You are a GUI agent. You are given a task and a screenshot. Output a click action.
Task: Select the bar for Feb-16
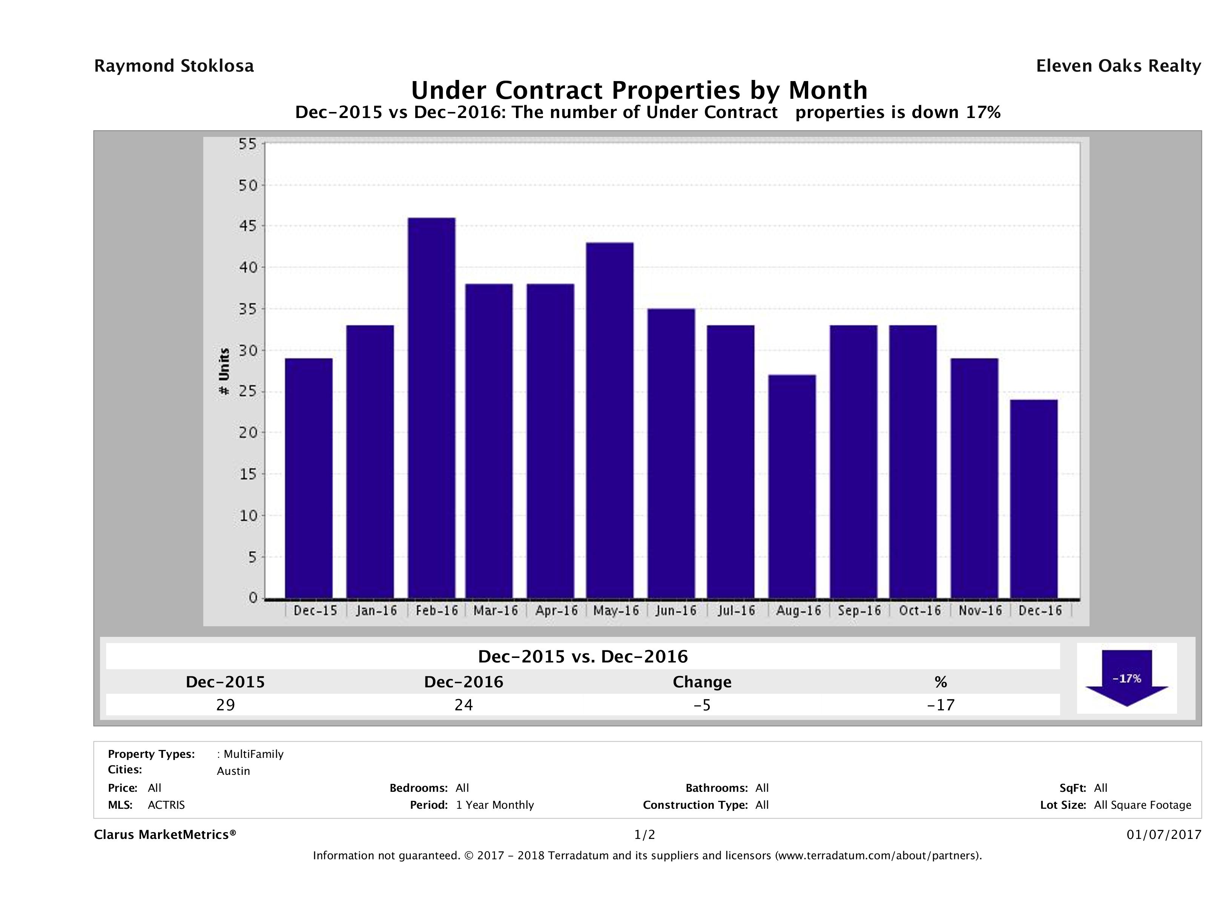click(x=431, y=408)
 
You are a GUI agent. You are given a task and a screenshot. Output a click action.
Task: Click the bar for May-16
click(x=609, y=420)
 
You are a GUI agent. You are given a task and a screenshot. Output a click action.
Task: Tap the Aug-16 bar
click(x=792, y=486)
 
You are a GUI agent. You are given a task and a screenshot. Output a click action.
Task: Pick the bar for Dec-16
click(x=1034, y=498)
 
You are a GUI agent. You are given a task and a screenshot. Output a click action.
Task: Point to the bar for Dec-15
click(x=308, y=478)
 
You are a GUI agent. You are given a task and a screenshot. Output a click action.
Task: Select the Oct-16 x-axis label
click(x=919, y=610)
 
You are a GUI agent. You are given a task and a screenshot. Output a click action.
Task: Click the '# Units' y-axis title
click(x=224, y=371)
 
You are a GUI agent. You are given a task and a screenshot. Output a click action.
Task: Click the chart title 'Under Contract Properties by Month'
click(x=639, y=90)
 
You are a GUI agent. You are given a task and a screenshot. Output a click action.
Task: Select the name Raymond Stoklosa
click(x=174, y=66)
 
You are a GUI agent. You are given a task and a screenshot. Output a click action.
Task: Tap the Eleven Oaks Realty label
click(x=1118, y=66)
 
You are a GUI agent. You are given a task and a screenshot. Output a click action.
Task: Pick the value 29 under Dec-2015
click(x=226, y=705)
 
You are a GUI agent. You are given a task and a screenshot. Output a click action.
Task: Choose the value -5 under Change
click(x=702, y=705)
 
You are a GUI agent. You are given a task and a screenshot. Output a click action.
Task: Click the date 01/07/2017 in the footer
click(x=1163, y=835)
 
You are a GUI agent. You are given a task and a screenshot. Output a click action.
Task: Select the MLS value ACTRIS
click(x=166, y=805)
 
